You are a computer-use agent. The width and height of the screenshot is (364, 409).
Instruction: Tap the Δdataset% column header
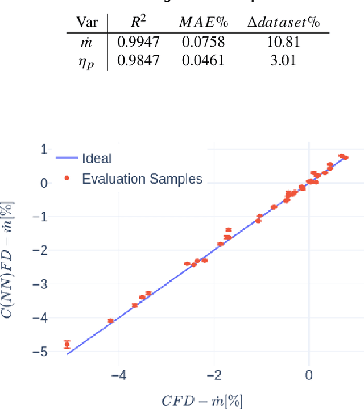tap(283, 23)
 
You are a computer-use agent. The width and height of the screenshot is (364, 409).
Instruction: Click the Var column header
tap(88, 23)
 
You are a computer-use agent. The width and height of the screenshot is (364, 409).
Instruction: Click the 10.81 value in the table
tap(283, 41)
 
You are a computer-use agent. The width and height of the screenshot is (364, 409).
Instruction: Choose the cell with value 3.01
tap(283, 60)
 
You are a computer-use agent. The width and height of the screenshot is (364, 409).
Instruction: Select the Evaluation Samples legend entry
tap(142, 179)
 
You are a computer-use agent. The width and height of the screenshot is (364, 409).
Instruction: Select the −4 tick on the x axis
tap(119, 376)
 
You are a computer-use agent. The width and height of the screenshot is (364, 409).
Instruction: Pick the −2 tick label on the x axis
tap(214, 376)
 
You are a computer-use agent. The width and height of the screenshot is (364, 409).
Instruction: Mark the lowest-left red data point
tap(67, 344)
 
